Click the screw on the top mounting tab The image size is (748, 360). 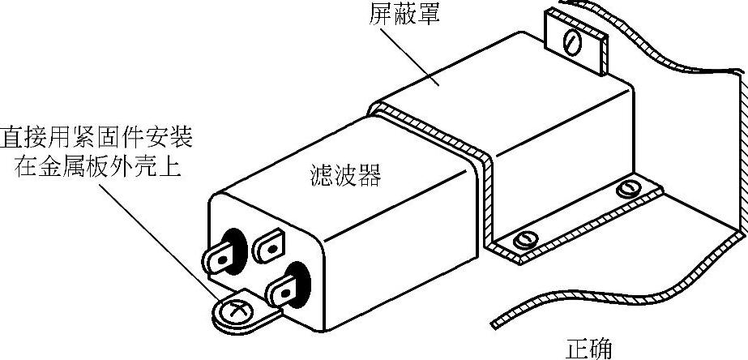click(575, 40)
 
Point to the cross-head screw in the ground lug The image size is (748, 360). click(237, 310)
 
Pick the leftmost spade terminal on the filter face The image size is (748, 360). click(220, 258)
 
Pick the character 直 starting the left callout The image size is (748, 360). click(12, 136)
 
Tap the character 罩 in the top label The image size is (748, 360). click(427, 14)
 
